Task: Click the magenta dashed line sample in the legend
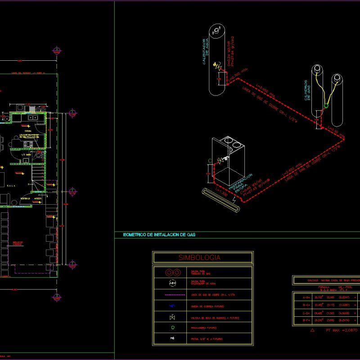click(x=173, y=295)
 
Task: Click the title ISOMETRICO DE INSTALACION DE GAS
click(x=159, y=235)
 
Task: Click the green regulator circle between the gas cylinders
click(x=326, y=106)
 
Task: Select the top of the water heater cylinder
click(x=217, y=31)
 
